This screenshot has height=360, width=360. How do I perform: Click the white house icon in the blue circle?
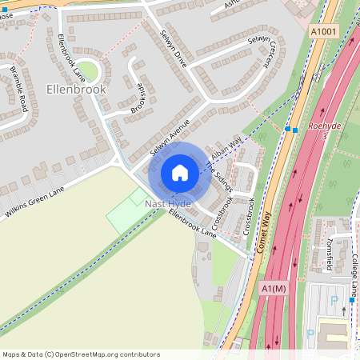[180, 172]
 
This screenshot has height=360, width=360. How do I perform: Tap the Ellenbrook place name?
[76, 90]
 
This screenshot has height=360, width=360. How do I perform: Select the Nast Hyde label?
[167, 205]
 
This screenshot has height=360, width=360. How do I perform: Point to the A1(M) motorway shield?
[273, 288]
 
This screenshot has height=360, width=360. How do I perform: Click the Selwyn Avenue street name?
[168, 138]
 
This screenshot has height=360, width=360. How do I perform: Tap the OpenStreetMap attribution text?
[81, 354]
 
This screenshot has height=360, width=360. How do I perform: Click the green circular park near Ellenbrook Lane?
[86, 72]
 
